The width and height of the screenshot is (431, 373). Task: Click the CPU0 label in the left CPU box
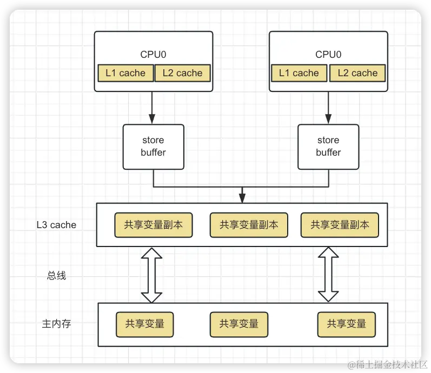(x=153, y=54)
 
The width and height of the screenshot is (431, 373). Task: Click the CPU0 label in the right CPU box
(x=328, y=54)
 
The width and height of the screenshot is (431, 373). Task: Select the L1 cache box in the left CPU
(x=125, y=73)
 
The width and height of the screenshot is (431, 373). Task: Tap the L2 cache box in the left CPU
(x=182, y=73)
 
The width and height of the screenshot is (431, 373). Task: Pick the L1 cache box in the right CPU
(x=299, y=73)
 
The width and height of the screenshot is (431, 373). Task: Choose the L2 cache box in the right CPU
(x=357, y=73)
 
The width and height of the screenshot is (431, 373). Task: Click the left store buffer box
(x=153, y=146)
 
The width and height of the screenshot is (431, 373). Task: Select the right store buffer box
(x=328, y=146)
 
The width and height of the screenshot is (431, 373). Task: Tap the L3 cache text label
(x=56, y=225)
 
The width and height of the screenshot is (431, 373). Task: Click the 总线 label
(x=56, y=275)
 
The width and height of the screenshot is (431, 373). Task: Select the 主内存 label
(x=56, y=324)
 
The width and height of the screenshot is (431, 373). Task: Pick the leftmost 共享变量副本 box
(x=153, y=225)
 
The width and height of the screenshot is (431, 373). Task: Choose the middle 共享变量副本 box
(x=248, y=225)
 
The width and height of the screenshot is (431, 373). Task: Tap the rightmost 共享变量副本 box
(x=340, y=225)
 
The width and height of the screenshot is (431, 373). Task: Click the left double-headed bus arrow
(x=151, y=275)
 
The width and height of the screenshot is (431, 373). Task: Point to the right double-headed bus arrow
(x=328, y=275)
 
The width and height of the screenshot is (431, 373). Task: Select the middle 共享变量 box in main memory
(x=238, y=324)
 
